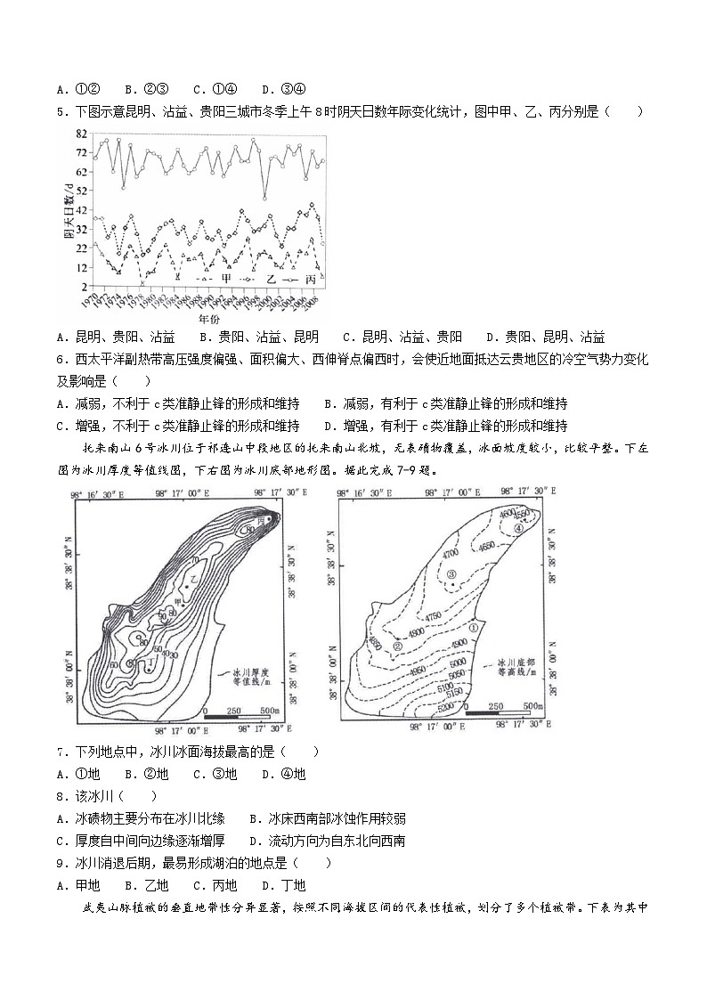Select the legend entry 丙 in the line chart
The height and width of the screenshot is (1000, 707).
point(311,279)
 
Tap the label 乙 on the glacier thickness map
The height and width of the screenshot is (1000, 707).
point(193,578)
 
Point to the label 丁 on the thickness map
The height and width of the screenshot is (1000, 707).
point(131,663)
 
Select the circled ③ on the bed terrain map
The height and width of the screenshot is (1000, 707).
point(451,575)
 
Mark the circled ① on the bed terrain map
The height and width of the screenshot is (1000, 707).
point(475,627)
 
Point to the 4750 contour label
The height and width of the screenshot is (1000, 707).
point(434,616)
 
